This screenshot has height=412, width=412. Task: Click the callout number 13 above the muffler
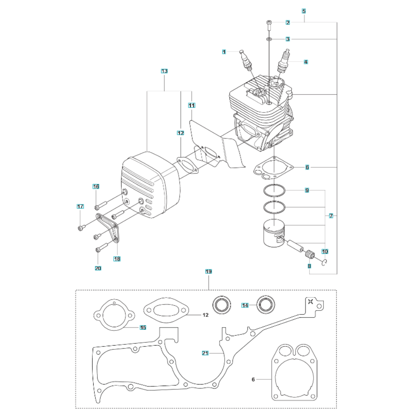point(164,71)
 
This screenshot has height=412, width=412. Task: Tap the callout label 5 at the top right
point(304,11)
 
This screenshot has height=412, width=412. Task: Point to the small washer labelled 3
point(269,39)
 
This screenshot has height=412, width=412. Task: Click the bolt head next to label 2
point(269,22)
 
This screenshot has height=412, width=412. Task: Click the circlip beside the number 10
point(325,262)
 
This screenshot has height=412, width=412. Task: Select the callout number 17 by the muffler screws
point(80,206)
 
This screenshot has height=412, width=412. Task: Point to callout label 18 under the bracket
point(117,259)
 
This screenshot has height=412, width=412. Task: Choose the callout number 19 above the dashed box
point(208,271)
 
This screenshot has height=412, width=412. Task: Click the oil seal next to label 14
point(266,305)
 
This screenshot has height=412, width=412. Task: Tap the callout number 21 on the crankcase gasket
point(205,353)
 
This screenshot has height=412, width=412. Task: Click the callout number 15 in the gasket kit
point(143,328)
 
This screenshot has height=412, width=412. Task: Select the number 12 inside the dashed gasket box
point(206,315)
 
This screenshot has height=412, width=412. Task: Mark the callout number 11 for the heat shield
point(192,105)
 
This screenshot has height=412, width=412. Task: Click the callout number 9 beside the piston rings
point(307,190)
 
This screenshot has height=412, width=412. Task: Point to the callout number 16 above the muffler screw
point(96,187)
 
